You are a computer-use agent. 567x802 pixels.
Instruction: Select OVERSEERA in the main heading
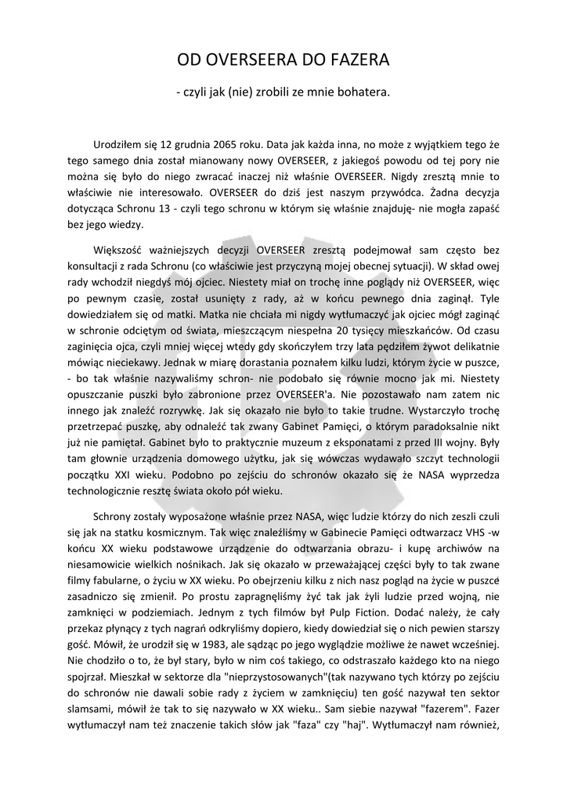[x=248, y=60]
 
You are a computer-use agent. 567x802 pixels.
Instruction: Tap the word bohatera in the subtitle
[x=362, y=92]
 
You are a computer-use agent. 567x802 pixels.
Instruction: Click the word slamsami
[x=88, y=706]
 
